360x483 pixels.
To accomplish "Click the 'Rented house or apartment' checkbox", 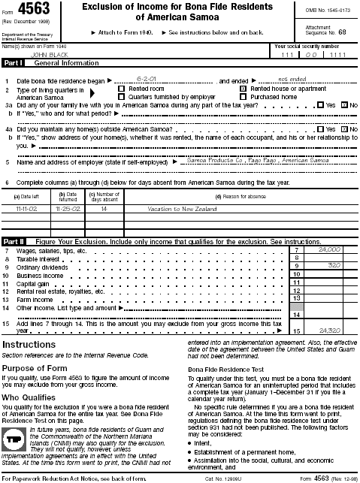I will tap(243, 88).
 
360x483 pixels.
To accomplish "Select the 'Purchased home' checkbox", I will tap(243, 96).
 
